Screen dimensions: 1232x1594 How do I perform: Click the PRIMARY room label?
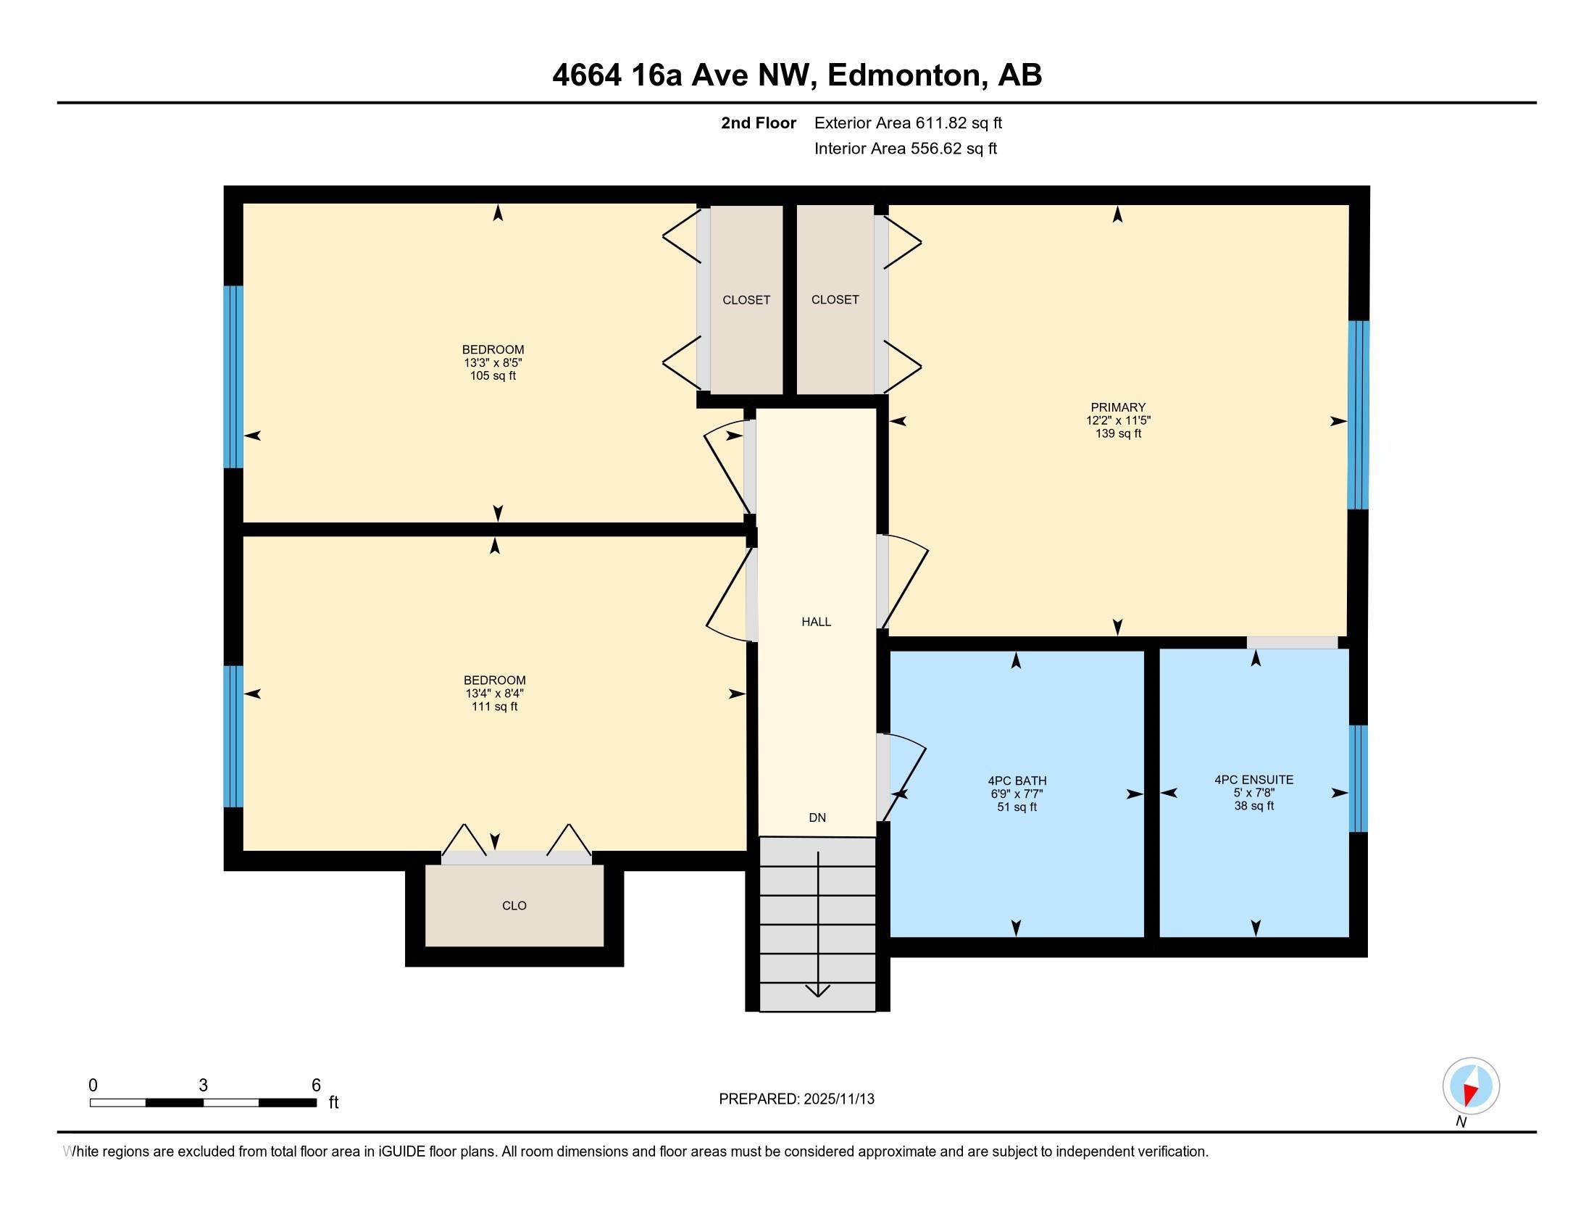(x=1117, y=407)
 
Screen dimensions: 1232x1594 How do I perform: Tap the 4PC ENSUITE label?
(x=1253, y=780)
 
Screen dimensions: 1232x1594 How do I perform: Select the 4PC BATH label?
(x=1017, y=781)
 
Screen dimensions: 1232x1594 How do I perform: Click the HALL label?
(x=816, y=622)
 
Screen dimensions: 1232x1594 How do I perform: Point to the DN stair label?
(x=817, y=817)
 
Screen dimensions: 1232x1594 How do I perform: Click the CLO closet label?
(x=514, y=906)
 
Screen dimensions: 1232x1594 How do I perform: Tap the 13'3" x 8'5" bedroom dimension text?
(x=493, y=363)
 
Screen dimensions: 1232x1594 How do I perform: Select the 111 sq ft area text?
(x=494, y=707)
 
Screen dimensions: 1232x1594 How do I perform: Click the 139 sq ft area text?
(x=1117, y=433)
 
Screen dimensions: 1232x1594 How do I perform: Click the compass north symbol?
(x=1471, y=1086)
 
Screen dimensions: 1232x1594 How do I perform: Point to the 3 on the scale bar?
(x=203, y=1086)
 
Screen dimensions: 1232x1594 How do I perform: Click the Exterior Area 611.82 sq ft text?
(x=907, y=122)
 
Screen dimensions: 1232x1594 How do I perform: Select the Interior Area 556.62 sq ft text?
(x=905, y=149)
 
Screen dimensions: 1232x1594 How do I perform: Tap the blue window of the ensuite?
(x=1358, y=779)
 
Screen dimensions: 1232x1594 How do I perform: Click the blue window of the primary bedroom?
(x=1358, y=415)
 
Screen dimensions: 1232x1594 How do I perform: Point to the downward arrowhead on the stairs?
(x=817, y=991)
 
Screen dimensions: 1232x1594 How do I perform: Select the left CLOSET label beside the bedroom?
(x=746, y=300)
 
